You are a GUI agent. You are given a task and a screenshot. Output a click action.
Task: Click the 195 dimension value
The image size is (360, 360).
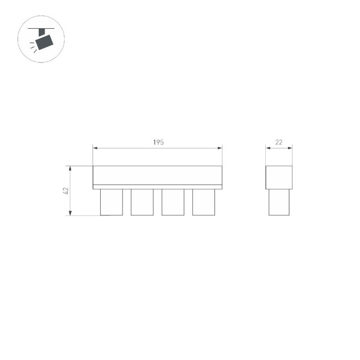click(x=158, y=142)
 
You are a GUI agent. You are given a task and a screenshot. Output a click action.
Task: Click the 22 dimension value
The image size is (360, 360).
click(x=279, y=142)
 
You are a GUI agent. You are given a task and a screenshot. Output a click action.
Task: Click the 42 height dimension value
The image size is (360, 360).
click(x=65, y=191)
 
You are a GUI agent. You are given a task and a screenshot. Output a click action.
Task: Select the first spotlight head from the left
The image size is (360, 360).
click(x=111, y=202)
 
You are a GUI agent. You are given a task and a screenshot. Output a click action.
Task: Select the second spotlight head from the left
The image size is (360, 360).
click(x=142, y=202)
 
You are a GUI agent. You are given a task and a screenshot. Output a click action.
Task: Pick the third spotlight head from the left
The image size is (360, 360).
click(x=173, y=202)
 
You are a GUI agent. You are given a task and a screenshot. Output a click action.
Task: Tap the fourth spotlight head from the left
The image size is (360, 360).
click(x=203, y=202)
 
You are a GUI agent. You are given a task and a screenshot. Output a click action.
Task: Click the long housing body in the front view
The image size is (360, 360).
click(x=157, y=175)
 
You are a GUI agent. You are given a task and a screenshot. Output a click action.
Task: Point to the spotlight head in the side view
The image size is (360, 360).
click(x=279, y=202)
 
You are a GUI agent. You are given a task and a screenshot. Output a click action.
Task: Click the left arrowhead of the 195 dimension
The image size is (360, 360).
click(x=95, y=148)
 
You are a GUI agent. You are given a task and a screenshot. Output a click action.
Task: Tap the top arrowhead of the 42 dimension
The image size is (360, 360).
click(x=70, y=168)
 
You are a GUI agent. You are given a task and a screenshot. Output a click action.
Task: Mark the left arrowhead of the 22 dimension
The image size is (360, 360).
click(x=268, y=148)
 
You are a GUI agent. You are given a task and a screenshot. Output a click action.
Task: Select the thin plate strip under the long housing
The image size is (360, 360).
click(x=157, y=187)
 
